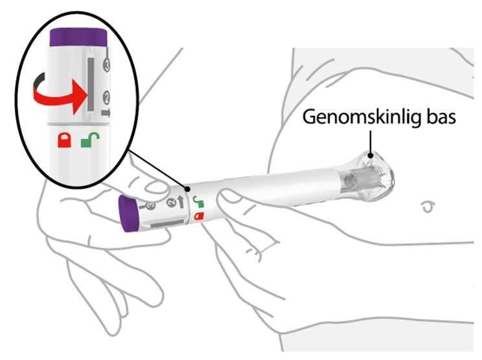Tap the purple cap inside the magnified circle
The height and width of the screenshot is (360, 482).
78,38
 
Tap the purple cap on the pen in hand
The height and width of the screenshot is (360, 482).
128,214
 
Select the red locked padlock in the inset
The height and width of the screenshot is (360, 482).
65,140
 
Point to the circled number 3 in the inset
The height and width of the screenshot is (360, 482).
107,65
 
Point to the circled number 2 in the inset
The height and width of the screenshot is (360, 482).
106,98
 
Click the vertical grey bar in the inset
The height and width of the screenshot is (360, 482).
91,84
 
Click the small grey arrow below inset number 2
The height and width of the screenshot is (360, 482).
106,113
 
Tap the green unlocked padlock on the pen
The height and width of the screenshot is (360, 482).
199,202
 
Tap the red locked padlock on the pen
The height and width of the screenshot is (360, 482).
199,216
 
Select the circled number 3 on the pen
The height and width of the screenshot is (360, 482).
150,206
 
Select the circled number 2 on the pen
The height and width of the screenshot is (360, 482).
171,203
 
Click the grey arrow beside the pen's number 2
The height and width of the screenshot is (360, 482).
181,202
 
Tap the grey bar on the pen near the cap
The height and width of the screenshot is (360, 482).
168,223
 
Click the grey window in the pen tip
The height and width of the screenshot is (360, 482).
356,180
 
